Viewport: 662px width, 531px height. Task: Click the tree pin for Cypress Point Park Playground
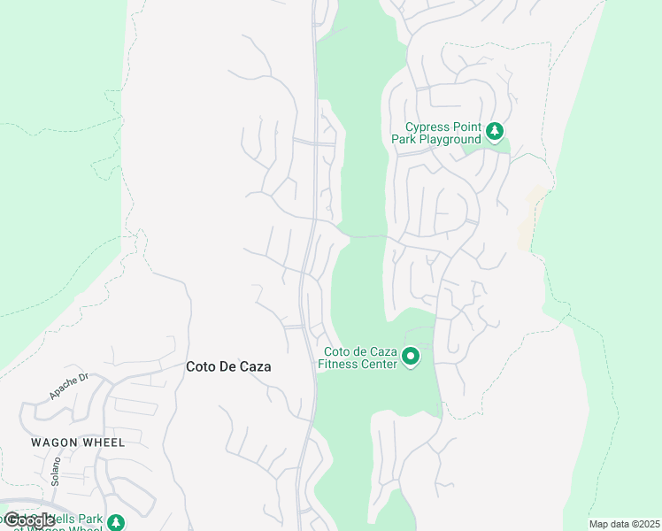pyautogui.click(x=495, y=133)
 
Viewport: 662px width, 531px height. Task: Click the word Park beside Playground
pyautogui.click(x=404, y=139)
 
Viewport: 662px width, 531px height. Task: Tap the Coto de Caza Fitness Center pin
pyautogui.click(x=411, y=357)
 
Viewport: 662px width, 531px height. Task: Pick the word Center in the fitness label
pyautogui.click(x=378, y=363)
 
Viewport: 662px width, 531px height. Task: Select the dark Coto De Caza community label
pyautogui.click(x=228, y=366)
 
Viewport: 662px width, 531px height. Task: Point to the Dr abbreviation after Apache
pyautogui.click(x=84, y=377)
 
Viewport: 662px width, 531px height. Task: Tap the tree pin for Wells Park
pyautogui.click(x=116, y=523)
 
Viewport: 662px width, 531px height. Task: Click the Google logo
pyautogui.click(x=29, y=520)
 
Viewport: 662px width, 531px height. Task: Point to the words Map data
pyautogui.click(x=610, y=524)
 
